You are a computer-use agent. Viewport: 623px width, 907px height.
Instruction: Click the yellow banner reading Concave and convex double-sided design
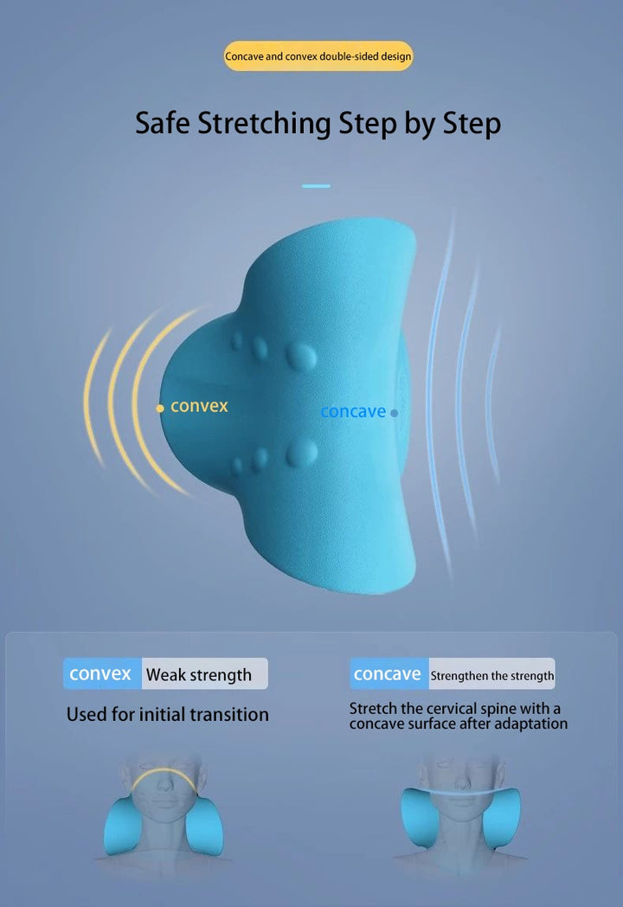pos(318,56)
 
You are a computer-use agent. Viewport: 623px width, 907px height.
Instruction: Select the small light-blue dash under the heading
pos(316,186)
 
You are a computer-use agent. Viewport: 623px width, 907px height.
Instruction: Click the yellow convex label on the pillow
pos(199,406)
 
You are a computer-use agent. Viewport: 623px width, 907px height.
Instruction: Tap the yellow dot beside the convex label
pos(160,408)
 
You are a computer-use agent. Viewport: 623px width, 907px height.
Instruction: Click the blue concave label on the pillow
pos(353,412)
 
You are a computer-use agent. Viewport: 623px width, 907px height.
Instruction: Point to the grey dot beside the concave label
pos(394,413)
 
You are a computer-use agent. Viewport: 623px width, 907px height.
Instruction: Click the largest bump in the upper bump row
pos(301,356)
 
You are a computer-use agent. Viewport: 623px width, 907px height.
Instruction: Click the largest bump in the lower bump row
pos(301,453)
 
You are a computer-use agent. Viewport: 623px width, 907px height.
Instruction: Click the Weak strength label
pos(199,675)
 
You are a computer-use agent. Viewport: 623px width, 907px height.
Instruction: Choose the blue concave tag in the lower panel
pos(389,673)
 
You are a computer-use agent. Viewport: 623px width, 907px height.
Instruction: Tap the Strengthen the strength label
pos(492,676)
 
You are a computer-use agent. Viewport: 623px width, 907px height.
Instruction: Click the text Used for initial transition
pos(168,714)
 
